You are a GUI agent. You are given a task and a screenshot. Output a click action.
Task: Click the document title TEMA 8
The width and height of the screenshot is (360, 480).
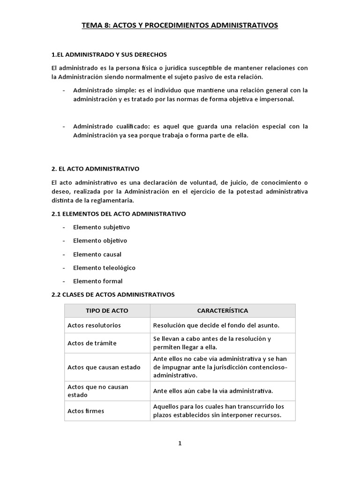[180, 25]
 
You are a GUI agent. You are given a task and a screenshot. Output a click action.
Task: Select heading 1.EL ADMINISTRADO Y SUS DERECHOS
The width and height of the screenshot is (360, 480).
[109, 55]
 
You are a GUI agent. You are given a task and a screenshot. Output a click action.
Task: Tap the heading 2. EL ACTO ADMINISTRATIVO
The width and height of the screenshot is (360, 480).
[96, 168]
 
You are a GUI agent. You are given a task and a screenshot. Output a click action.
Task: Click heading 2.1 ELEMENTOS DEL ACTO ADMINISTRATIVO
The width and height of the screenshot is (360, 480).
[119, 214]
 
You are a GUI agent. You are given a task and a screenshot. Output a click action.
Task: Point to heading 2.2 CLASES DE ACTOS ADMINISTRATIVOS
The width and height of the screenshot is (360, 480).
[113, 294]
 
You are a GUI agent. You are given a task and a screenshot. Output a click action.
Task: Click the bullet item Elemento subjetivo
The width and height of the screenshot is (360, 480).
[101, 227]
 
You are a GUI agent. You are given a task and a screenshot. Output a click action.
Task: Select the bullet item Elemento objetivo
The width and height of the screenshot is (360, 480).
[100, 241]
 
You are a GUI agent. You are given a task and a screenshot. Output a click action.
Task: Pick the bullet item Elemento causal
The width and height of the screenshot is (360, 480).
[97, 255]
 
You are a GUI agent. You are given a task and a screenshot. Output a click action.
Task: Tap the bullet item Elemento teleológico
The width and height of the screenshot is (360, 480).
[104, 268]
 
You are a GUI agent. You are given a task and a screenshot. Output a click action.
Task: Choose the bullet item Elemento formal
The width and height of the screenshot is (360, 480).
[97, 281]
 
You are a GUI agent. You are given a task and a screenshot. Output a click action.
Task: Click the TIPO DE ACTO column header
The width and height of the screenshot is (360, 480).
[107, 311]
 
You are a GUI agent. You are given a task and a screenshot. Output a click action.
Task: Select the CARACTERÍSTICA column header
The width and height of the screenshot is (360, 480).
[223, 311]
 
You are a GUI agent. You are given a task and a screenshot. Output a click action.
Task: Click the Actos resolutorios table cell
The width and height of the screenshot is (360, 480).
[94, 325]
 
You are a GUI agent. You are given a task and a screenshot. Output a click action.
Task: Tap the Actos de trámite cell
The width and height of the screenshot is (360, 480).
[92, 343]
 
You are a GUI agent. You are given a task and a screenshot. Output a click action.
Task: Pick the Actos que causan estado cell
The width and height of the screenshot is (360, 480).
[104, 367]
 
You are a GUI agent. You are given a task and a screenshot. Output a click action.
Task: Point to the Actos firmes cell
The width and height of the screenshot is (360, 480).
[86, 411]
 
